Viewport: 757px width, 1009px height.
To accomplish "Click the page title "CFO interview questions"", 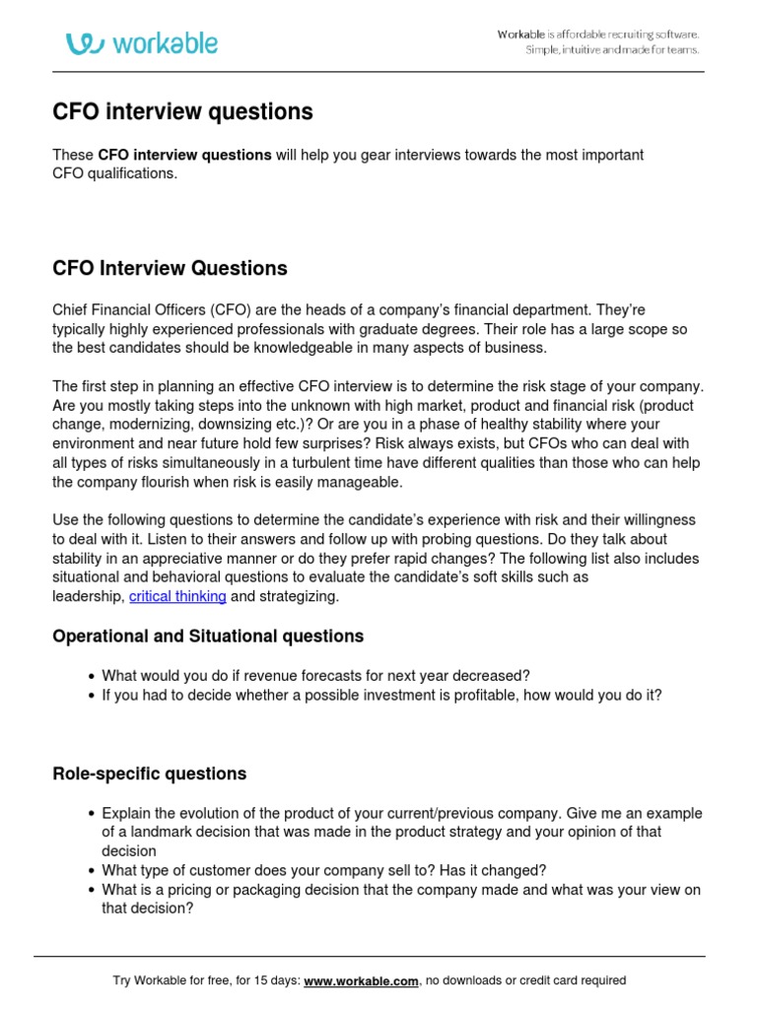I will point(182,112).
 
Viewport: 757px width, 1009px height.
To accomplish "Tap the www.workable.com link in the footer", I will point(362,980).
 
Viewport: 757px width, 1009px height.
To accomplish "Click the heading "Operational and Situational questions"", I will point(207,637).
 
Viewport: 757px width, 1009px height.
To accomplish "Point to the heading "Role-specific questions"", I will point(149,774).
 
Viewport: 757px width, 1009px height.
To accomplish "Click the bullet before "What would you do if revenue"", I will point(92,676).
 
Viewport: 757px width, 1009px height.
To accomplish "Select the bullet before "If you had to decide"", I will point(92,695).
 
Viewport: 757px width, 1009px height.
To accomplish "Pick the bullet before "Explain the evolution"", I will point(92,814).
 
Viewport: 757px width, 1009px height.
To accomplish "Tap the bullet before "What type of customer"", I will point(92,871).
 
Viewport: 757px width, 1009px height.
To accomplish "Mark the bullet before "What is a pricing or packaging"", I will point(92,890).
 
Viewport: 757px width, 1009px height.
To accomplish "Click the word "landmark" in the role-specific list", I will point(150,833).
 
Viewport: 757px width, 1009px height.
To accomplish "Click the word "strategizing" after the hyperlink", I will point(300,596).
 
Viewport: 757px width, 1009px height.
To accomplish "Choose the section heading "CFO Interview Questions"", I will point(170,268).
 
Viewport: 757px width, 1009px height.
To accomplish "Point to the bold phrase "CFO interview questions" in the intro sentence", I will point(184,155).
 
